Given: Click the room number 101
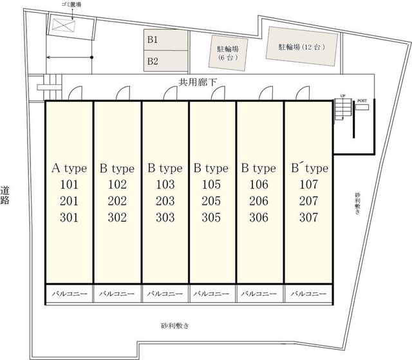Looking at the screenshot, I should pos(69,185).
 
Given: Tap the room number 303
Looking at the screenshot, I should pos(165,217).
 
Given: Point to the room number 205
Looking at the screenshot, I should pos(211,201).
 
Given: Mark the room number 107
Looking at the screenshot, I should pos(309,185).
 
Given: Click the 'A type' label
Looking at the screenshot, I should pos(69,169).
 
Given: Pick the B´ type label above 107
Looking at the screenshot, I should pos(309,169).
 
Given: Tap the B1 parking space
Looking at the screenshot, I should pos(166,40).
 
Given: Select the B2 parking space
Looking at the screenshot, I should pos(166,62).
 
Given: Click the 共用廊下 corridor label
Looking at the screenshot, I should pos(196,82).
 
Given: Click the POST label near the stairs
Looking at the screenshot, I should pos(362,101).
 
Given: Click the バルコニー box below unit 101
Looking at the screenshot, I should pos(69,294).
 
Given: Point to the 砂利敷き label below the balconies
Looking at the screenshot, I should pos(174,326).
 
